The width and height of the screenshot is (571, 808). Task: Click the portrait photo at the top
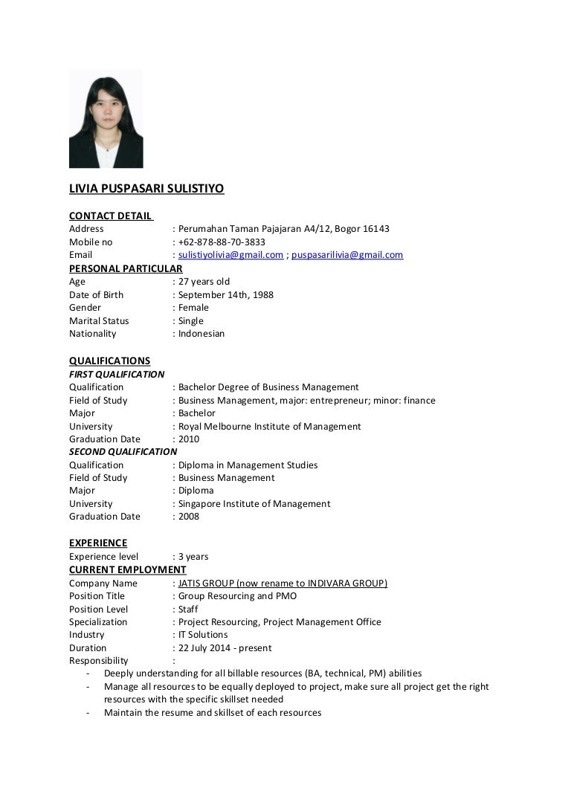point(106,119)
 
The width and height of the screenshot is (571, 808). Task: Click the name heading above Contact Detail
point(146,189)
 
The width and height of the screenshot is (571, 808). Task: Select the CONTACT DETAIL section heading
point(110,216)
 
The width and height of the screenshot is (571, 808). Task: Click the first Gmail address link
point(230,255)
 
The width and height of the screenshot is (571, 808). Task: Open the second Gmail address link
point(347,255)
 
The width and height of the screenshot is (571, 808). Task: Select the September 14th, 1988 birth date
point(225,295)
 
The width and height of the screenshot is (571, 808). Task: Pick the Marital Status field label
point(99,321)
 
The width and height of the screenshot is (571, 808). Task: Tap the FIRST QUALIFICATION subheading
point(117,374)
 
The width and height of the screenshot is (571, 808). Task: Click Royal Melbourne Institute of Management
point(269,427)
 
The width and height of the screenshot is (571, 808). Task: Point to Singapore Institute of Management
point(254,504)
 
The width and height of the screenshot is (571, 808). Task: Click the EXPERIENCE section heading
point(98,543)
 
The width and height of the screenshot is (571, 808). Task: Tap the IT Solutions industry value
point(203,635)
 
